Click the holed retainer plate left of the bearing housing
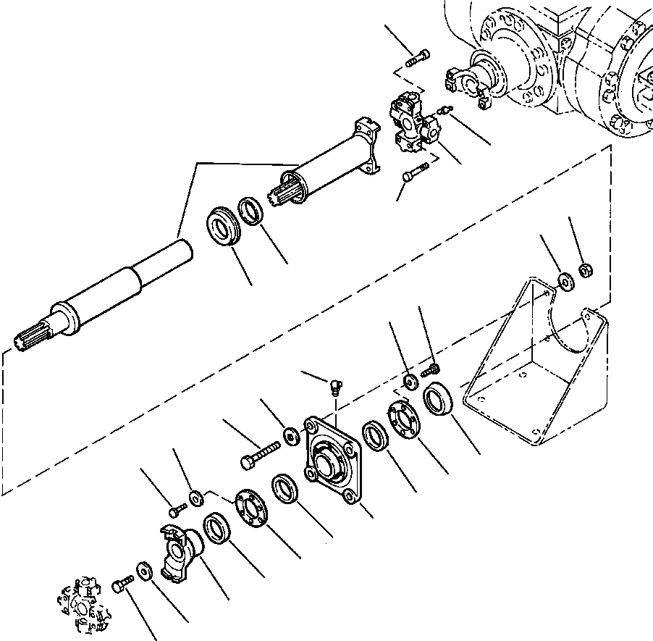(x=249, y=510)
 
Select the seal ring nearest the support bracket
(x=438, y=400)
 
